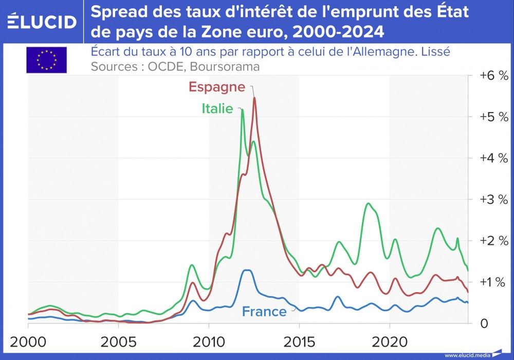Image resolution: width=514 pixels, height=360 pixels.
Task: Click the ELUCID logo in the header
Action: [42, 22]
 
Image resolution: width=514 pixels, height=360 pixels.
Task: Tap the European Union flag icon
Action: [46, 60]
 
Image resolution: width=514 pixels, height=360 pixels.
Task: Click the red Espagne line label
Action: [216, 87]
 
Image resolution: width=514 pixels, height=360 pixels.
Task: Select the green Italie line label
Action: [217, 109]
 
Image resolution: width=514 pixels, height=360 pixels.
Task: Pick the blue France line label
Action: [264, 312]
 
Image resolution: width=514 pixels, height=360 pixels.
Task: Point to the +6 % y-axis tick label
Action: [493, 76]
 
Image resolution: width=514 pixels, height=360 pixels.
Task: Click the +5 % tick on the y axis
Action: [493, 117]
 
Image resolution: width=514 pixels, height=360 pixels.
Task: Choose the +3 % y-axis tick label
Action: [493, 200]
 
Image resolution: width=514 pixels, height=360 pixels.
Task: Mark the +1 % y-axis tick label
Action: [493, 282]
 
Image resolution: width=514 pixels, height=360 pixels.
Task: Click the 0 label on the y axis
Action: [484, 324]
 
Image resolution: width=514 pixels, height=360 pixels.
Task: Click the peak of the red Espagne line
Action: [254, 97]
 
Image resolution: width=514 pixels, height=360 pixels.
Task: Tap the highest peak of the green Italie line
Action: [242, 110]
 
